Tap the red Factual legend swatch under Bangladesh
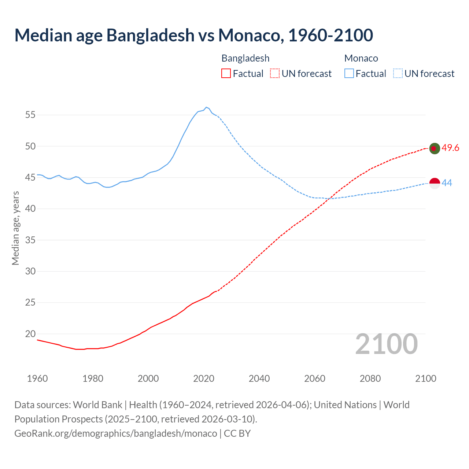(x=226, y=74)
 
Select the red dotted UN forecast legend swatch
(x=275, y=74)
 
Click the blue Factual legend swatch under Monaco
(x=349, y=74)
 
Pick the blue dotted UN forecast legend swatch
(x=398, y=74)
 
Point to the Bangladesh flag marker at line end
(x=434, y=148)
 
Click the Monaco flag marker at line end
(x=434, y=183)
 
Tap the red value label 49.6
(x=450, y=148)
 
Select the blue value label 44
(x=447, y=183)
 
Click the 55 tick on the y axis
(x=30, y=115)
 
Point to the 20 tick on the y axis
(x=30, y=334)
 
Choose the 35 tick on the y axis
(x=30, y=240)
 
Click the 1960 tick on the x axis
(x=37, y=378)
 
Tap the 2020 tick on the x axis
(x=204, y=378)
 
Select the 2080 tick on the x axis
(x=370, y=378)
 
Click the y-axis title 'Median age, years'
(x=15, y=228)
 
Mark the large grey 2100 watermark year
(x=386, y=344)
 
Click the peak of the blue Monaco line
(x=206, y=107)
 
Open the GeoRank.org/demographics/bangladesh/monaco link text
(x=116, y=433)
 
